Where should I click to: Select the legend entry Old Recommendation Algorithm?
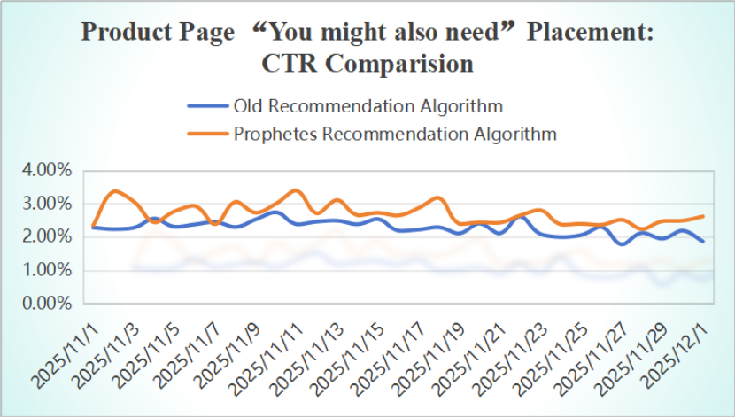367,106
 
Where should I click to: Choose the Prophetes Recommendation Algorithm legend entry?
394,135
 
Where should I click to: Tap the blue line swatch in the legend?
207,107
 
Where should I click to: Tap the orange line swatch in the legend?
207,135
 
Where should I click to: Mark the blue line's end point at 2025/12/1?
704,241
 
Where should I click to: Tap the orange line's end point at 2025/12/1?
704,216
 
